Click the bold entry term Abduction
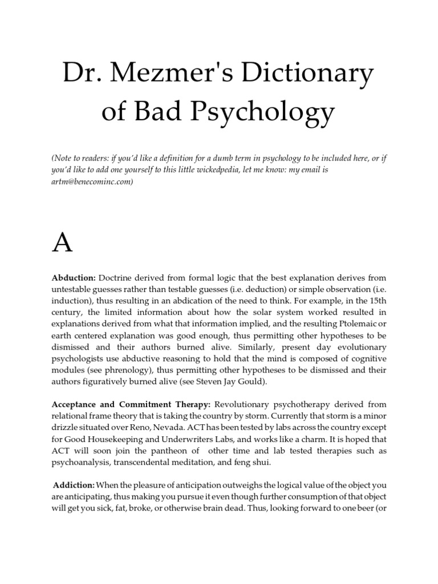[x=74, y=278]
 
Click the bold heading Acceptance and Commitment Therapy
[x=131, y=404]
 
